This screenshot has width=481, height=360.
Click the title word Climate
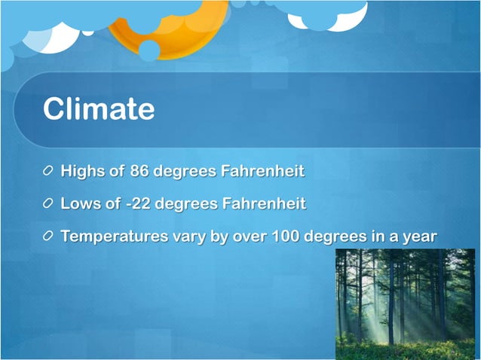pyautogui.click(x=99, y=109)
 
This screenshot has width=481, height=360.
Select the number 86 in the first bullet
pyautogui.click(x=139, y=171)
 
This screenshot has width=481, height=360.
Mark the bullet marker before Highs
pyautogui.click(x=49, y=172)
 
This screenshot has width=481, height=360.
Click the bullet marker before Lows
pyautogui.click(x=49, y=204)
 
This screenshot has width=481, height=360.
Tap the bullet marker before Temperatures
pyautogui.click(x=49, y=236)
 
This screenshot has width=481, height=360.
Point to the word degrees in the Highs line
pyautogui.click(x=185, y=171)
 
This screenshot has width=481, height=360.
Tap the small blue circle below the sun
pyautogui.click(x=149, y=50)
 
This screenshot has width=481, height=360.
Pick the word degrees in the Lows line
pyautogui.click(x=187, y=203)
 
